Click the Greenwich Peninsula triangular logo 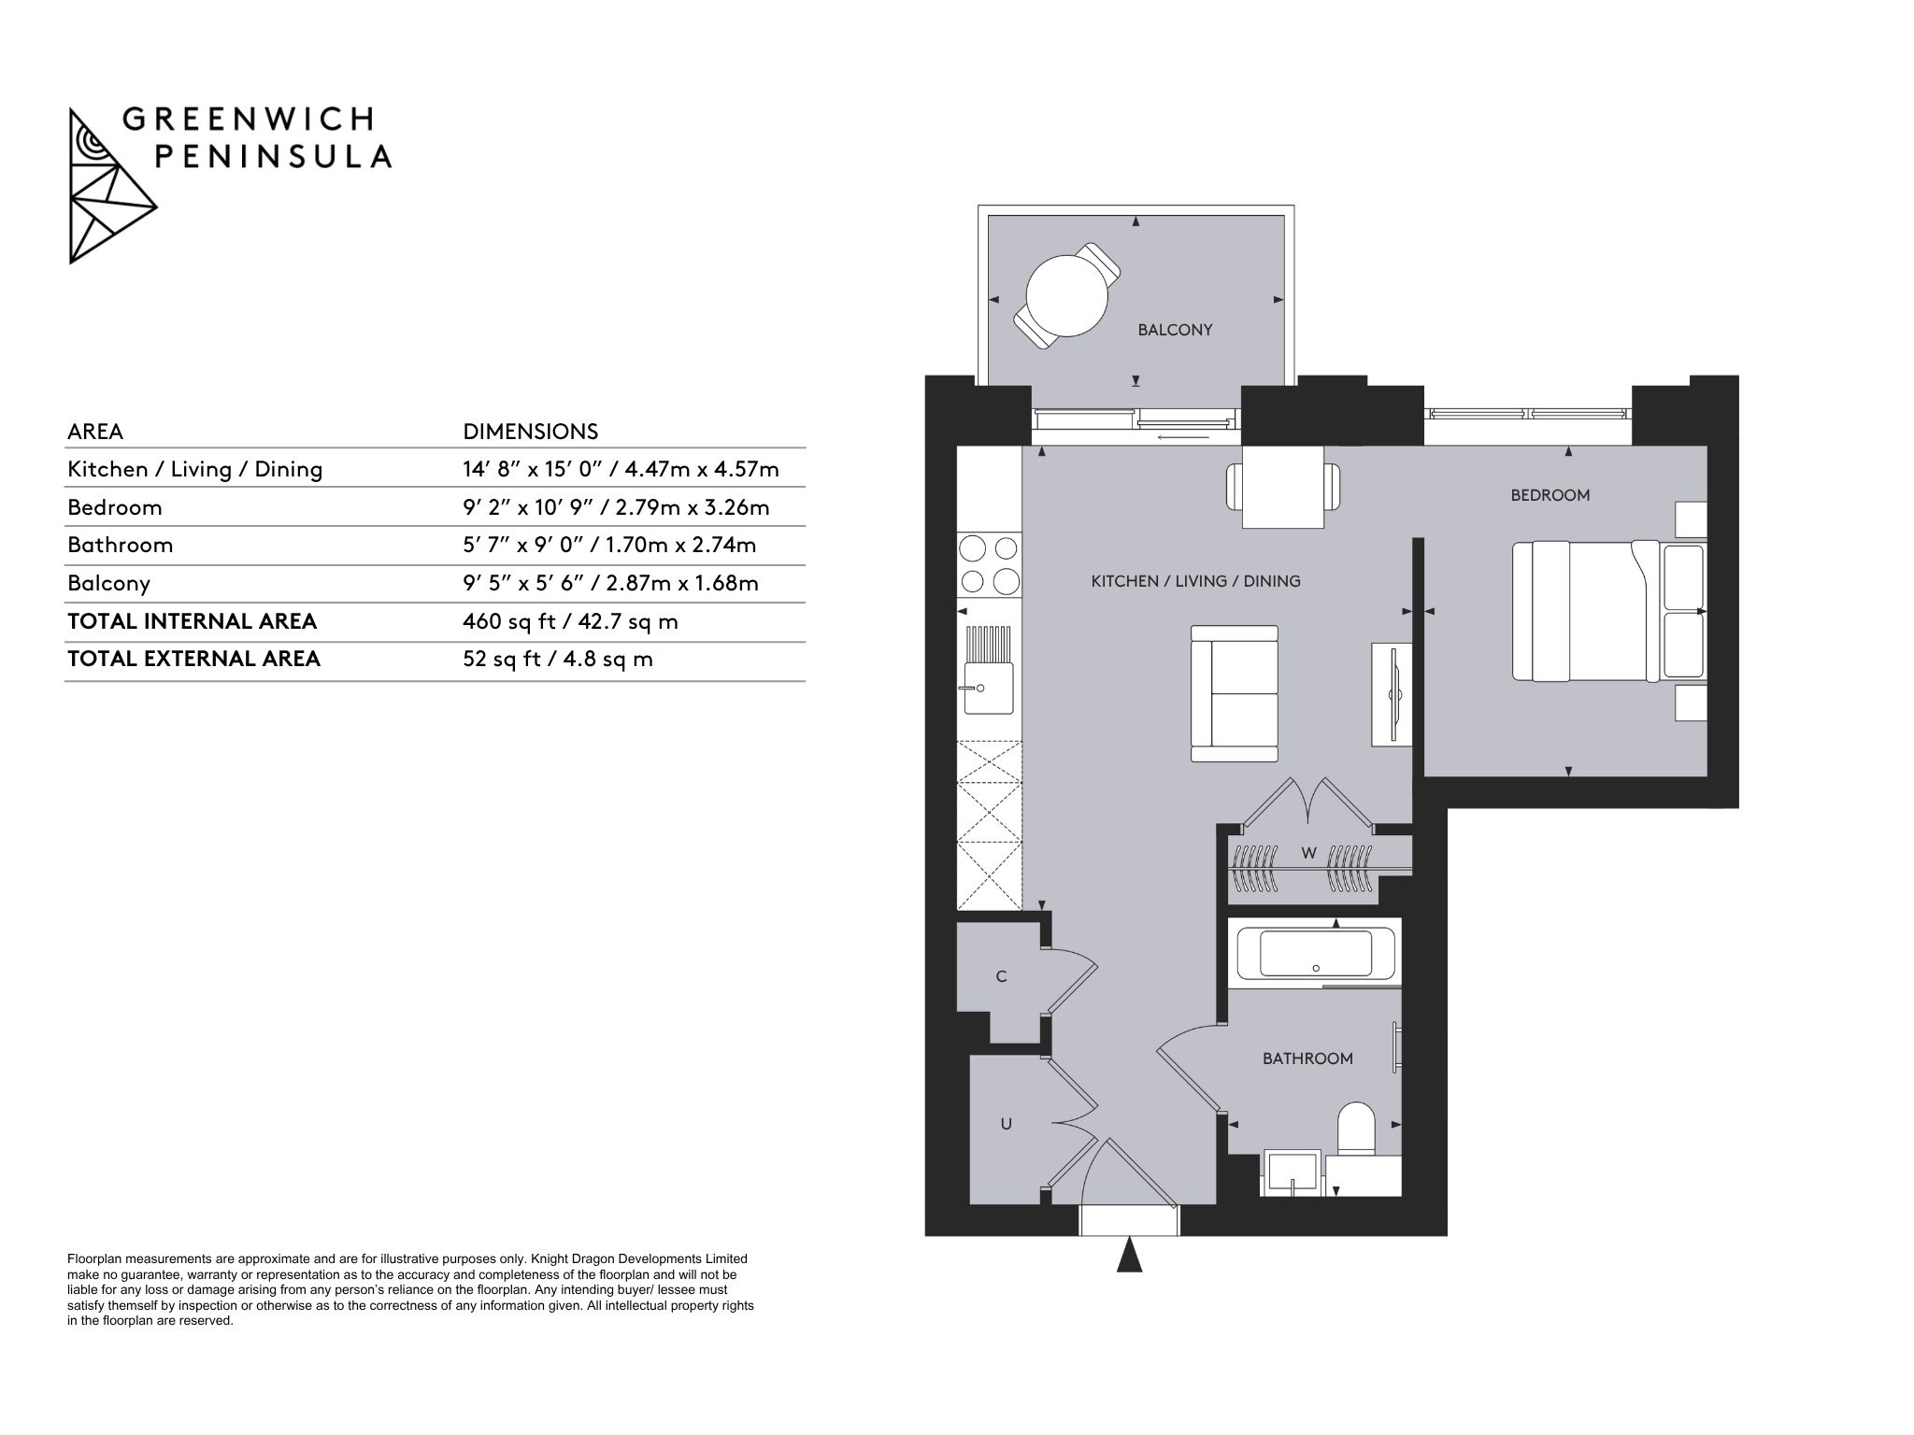pos(112,186)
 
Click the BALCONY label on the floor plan pos(1175,330)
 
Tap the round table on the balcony pos(1066,295)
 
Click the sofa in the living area pos(1234,693)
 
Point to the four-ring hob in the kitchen pos(989,563)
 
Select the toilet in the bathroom pos(1356,1130)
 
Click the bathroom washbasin pos(1292,1173)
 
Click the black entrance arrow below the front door pos(1130,1254)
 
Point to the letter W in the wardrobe pos(1309,853)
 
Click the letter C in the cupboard pos(1002,977)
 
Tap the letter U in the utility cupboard pos(1007,1124)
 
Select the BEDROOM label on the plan pos(1550,495)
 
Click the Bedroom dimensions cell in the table pos(616,507)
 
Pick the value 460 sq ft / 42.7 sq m pos(570,621)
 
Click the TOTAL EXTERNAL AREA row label pos(193,659)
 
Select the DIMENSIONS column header pos(531,432)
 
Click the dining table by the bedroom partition pos(1283,487)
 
